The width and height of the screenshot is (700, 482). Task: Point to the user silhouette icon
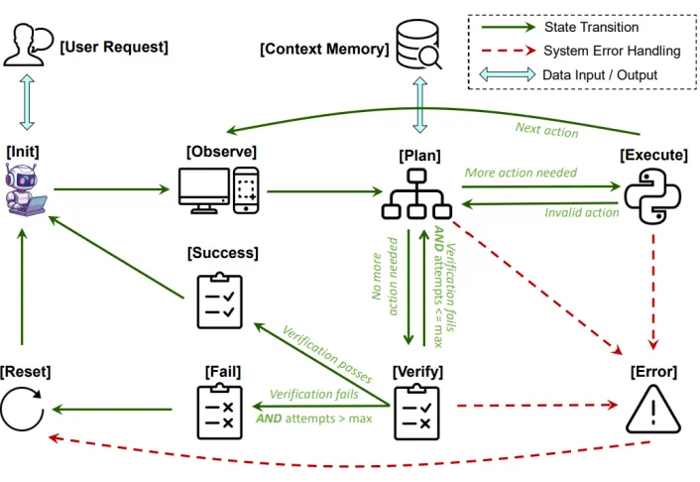click(x=27, y=45)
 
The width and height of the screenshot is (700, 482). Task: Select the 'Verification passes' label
click(x=326, y=354)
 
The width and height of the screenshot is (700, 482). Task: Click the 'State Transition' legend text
click(x=591, y=27)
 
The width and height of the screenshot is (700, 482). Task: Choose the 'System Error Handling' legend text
click(x=612, y=51)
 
